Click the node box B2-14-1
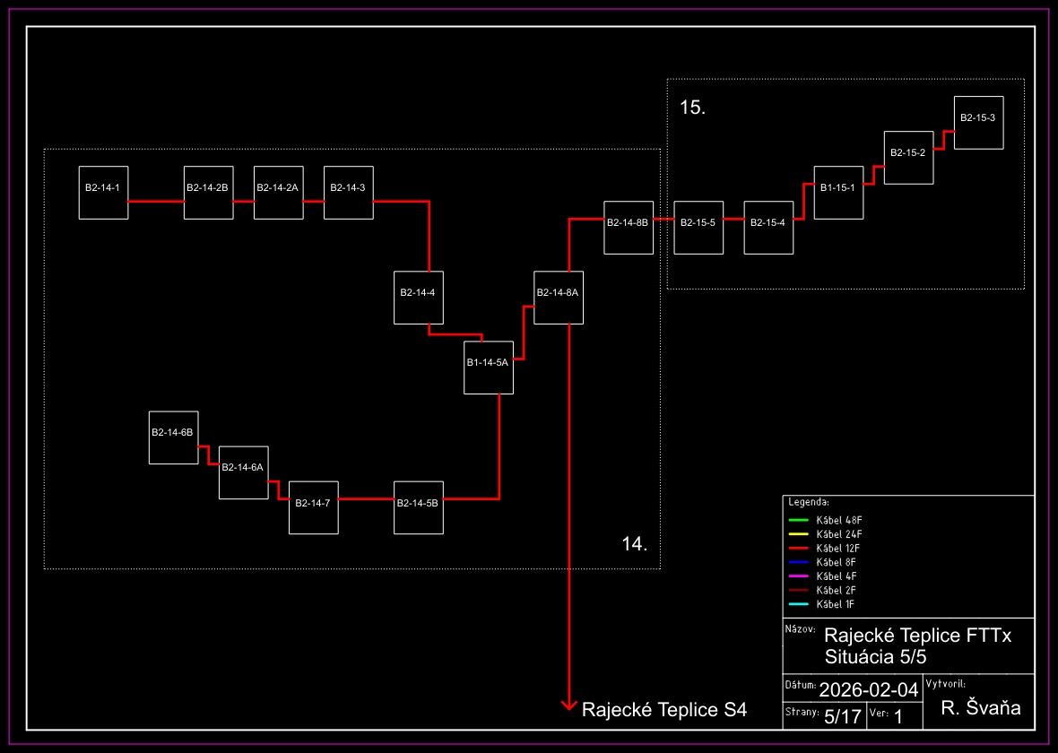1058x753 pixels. [103, 192]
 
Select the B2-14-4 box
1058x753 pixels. [418, 297]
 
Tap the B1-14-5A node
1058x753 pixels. [488, 367]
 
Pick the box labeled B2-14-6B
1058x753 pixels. [173, 437]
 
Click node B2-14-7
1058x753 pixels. [313, 507]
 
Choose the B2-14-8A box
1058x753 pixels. [558, 297]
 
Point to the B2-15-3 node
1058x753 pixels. [977, 122]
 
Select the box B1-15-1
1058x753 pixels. [838, 192]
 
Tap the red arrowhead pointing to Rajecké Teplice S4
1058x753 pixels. [568, 706]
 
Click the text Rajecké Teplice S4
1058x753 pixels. [663, 711]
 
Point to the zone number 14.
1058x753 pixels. [634, 544]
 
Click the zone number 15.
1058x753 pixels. [693, 108]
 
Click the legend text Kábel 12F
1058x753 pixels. [838, 548]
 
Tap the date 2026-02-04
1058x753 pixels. [869, 690]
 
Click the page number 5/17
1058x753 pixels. [842, 716]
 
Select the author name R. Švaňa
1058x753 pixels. [981, 708]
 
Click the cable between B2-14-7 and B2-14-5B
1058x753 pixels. [366, 498]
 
